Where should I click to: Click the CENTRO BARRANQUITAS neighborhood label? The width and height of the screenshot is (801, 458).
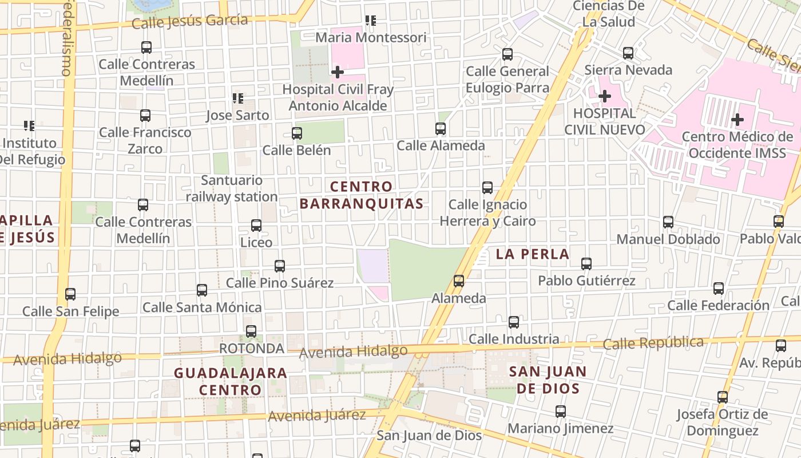click(361, 195)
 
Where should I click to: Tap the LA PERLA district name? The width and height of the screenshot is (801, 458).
click(533, 254)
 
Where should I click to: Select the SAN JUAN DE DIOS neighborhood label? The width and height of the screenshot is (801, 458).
click(548, 380)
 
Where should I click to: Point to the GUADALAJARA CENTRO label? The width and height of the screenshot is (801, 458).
click(231, 381)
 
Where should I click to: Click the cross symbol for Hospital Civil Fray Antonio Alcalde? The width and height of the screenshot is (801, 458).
click(338, 72)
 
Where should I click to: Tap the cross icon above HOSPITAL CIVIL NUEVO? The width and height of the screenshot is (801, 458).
click(604, 96)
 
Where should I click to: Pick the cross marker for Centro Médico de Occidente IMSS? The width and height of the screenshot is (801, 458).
click(737, 120)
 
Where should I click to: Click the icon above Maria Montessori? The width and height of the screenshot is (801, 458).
click(371, 21)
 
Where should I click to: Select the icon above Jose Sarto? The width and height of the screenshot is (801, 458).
click(238, 98)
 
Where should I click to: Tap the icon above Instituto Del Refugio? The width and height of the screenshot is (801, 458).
click(29, 125)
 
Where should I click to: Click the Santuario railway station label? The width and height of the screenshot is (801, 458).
click(232, 188)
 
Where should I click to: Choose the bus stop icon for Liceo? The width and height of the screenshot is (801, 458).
click(256, 226)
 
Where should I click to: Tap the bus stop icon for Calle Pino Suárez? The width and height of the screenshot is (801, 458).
click(280, 266)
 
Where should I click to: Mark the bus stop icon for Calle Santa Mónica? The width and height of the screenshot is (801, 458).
click(202, 290)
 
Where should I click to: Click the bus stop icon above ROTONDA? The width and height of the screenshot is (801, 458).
click(251, 331)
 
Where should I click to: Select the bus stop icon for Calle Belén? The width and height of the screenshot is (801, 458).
click(297, 133)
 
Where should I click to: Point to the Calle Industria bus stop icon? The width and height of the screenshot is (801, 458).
click(514, 322)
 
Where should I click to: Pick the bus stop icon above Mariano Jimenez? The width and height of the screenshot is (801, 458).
click(561, 412)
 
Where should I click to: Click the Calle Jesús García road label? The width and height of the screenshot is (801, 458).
click(189, 22)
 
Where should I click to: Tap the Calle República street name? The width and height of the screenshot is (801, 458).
click(653, 343)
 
